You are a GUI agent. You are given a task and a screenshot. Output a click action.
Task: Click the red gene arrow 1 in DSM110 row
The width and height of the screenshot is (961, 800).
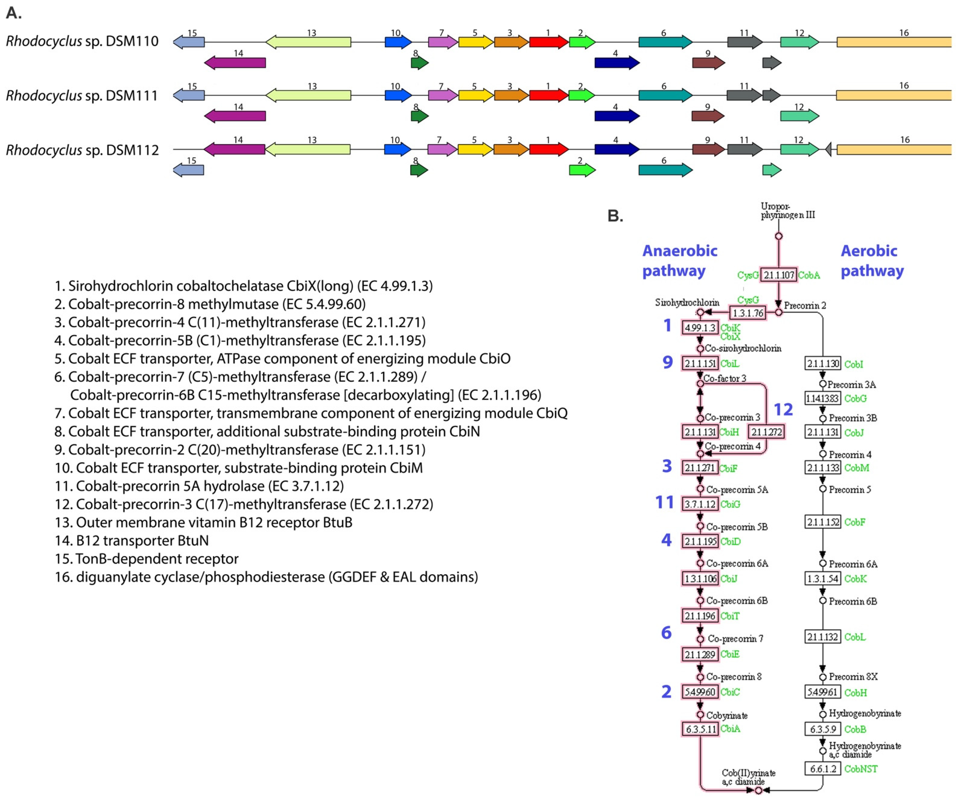[x=548, y=42]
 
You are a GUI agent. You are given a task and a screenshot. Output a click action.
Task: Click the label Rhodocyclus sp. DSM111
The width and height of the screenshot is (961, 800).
[x=81, y=96]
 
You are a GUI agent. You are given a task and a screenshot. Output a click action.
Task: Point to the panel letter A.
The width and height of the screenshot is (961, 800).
[x=14, y=13]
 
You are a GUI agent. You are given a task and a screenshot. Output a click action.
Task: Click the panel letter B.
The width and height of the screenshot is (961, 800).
[x=615, y=216]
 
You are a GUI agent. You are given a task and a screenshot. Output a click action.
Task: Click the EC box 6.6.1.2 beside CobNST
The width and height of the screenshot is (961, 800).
[x=822, y=768]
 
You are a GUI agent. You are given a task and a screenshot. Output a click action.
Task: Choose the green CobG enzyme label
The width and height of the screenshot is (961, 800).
[x=855, y=398]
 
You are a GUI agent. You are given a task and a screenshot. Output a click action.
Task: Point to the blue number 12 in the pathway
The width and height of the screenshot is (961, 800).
[x=783, y=409]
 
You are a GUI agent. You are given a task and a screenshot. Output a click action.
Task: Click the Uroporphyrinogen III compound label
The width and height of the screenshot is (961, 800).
[x=787, y=210]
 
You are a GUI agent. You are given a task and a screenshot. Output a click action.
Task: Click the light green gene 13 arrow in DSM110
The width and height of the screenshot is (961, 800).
[x=309, y=42]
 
